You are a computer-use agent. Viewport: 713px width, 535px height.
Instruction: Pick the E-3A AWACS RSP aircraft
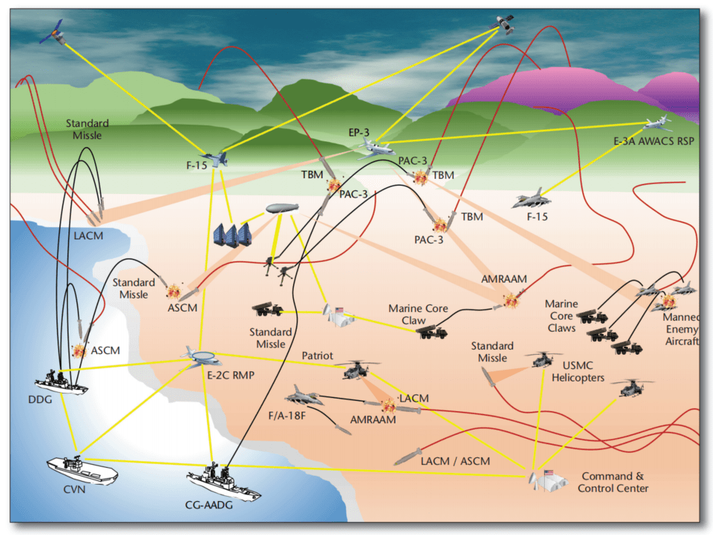pos(657,123)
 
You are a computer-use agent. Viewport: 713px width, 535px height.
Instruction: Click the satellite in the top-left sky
pos(52,30)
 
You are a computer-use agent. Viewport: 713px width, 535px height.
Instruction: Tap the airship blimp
pos(282,208)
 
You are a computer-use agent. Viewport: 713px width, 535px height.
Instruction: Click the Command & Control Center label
pos(613,482)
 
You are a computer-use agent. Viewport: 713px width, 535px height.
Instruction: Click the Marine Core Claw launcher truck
pos(432,332)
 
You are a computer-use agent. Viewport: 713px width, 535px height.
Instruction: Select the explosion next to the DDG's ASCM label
pos(79,351)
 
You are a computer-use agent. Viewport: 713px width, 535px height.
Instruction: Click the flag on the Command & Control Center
pos(547,474)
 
